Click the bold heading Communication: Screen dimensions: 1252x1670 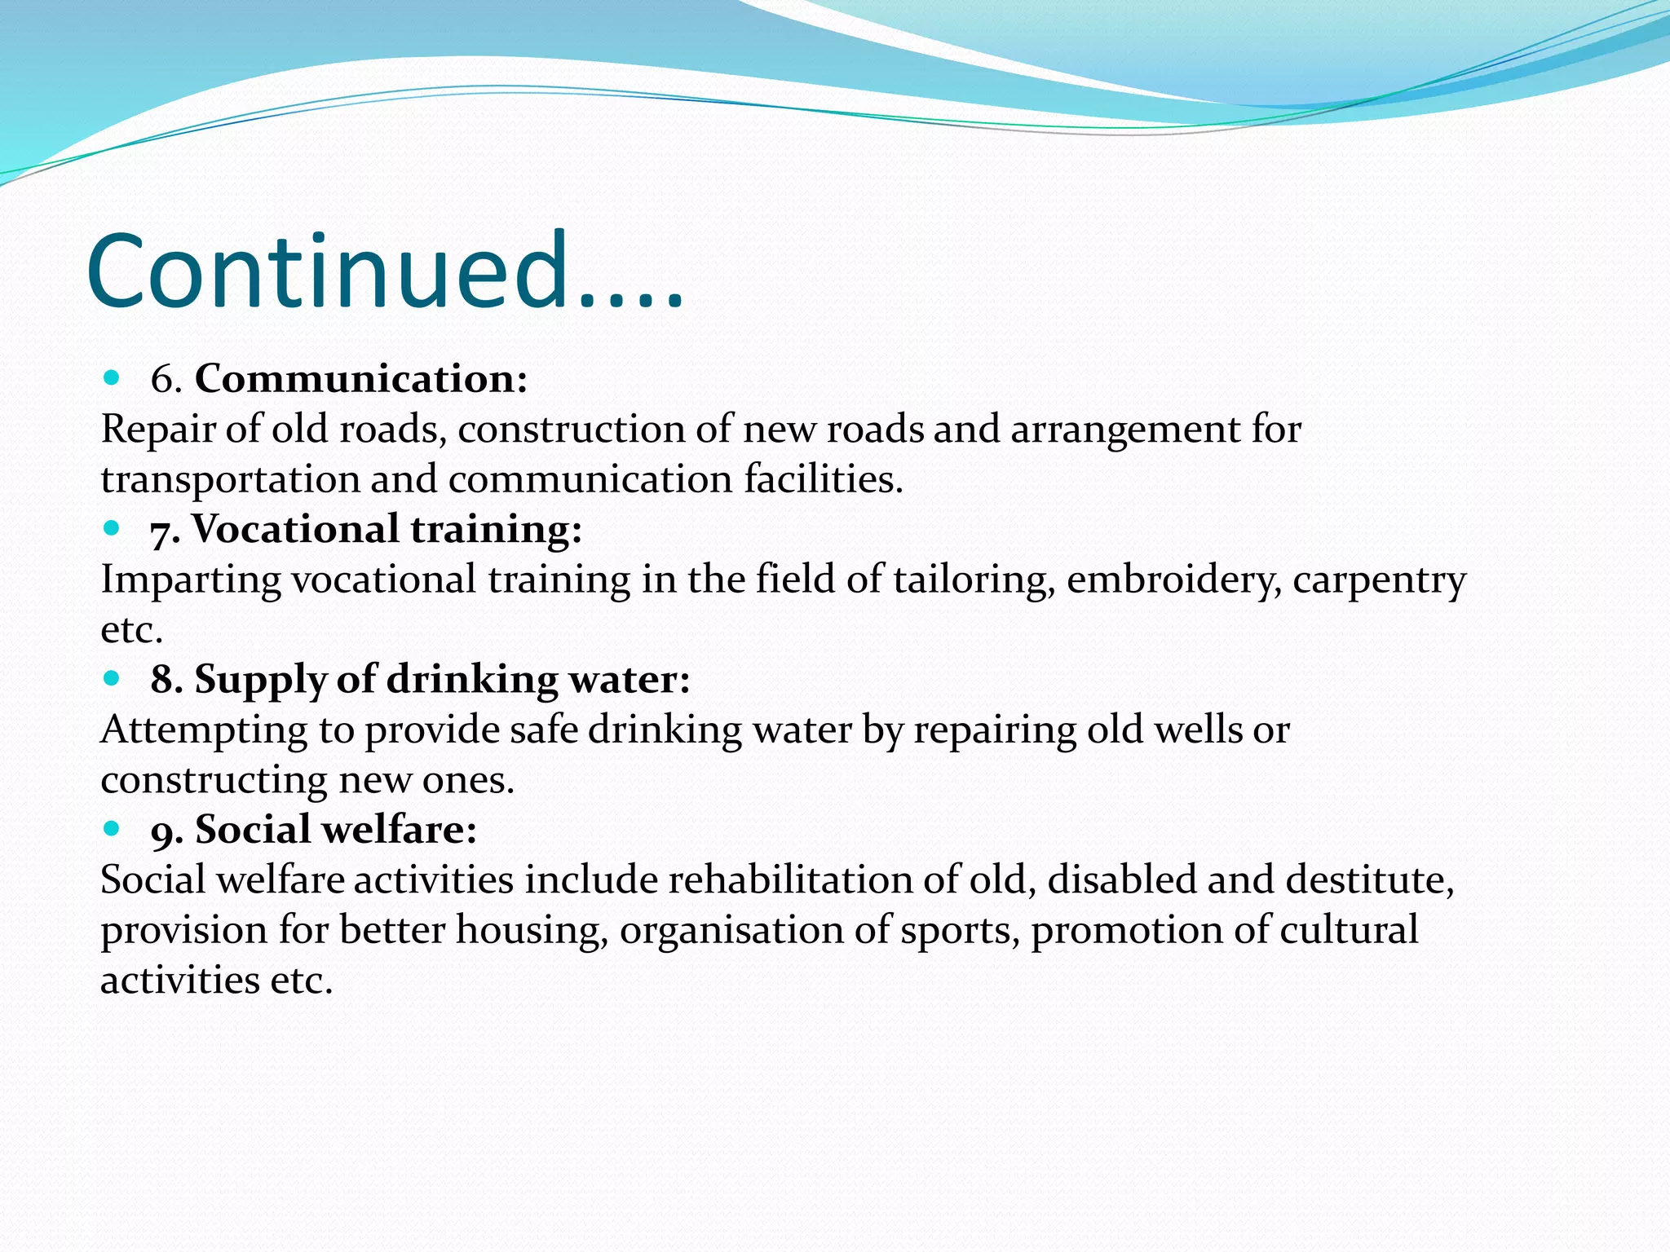pyautogui.click(x=361, y=379)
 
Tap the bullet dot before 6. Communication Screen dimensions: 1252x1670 pyautogui.click(x=113, y=377)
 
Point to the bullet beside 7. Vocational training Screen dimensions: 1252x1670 pyautogui.click(x=113, y=528)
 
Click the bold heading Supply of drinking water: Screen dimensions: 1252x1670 pyautogui.click(x=442, y=679)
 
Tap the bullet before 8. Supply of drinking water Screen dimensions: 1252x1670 pyautogui.click(x=113, y=678)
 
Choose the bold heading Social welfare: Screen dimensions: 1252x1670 pyautogui.click(x=336, y=830)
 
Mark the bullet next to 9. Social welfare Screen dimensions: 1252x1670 pyautogui.click(x=113, y=829)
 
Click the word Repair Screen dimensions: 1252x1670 pyautogui.click(x=158, y=430)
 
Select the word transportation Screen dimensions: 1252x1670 pyautogui.click(x=231, y=479)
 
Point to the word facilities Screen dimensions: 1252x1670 pyautogui.click(x=823, y=479)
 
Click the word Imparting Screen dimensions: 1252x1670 pyautogui.click(x=191, y=580)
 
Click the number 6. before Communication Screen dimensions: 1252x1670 pyautogui.click(x=166, y=379)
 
